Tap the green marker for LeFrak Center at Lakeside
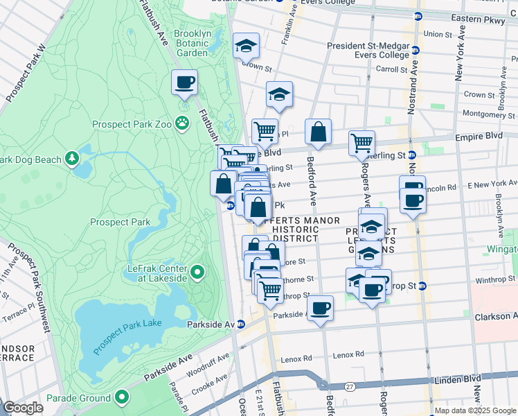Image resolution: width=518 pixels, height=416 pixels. (x=197, y=272)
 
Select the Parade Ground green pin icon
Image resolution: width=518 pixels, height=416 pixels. (x=123, y=398)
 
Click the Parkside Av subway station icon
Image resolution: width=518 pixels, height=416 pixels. (x=241, y=324)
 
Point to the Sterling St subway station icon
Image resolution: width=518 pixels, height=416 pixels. (x=411, y=155)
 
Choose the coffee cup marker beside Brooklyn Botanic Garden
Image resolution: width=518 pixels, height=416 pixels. (x=184, y=83)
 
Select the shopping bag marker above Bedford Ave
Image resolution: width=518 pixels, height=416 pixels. (x=318, y=131)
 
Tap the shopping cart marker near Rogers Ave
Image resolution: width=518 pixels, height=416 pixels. (x=361, y=143)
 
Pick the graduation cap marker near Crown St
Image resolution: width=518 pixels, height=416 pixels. (x=246, y=46)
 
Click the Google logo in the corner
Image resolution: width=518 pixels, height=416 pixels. (x=22, y=408)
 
